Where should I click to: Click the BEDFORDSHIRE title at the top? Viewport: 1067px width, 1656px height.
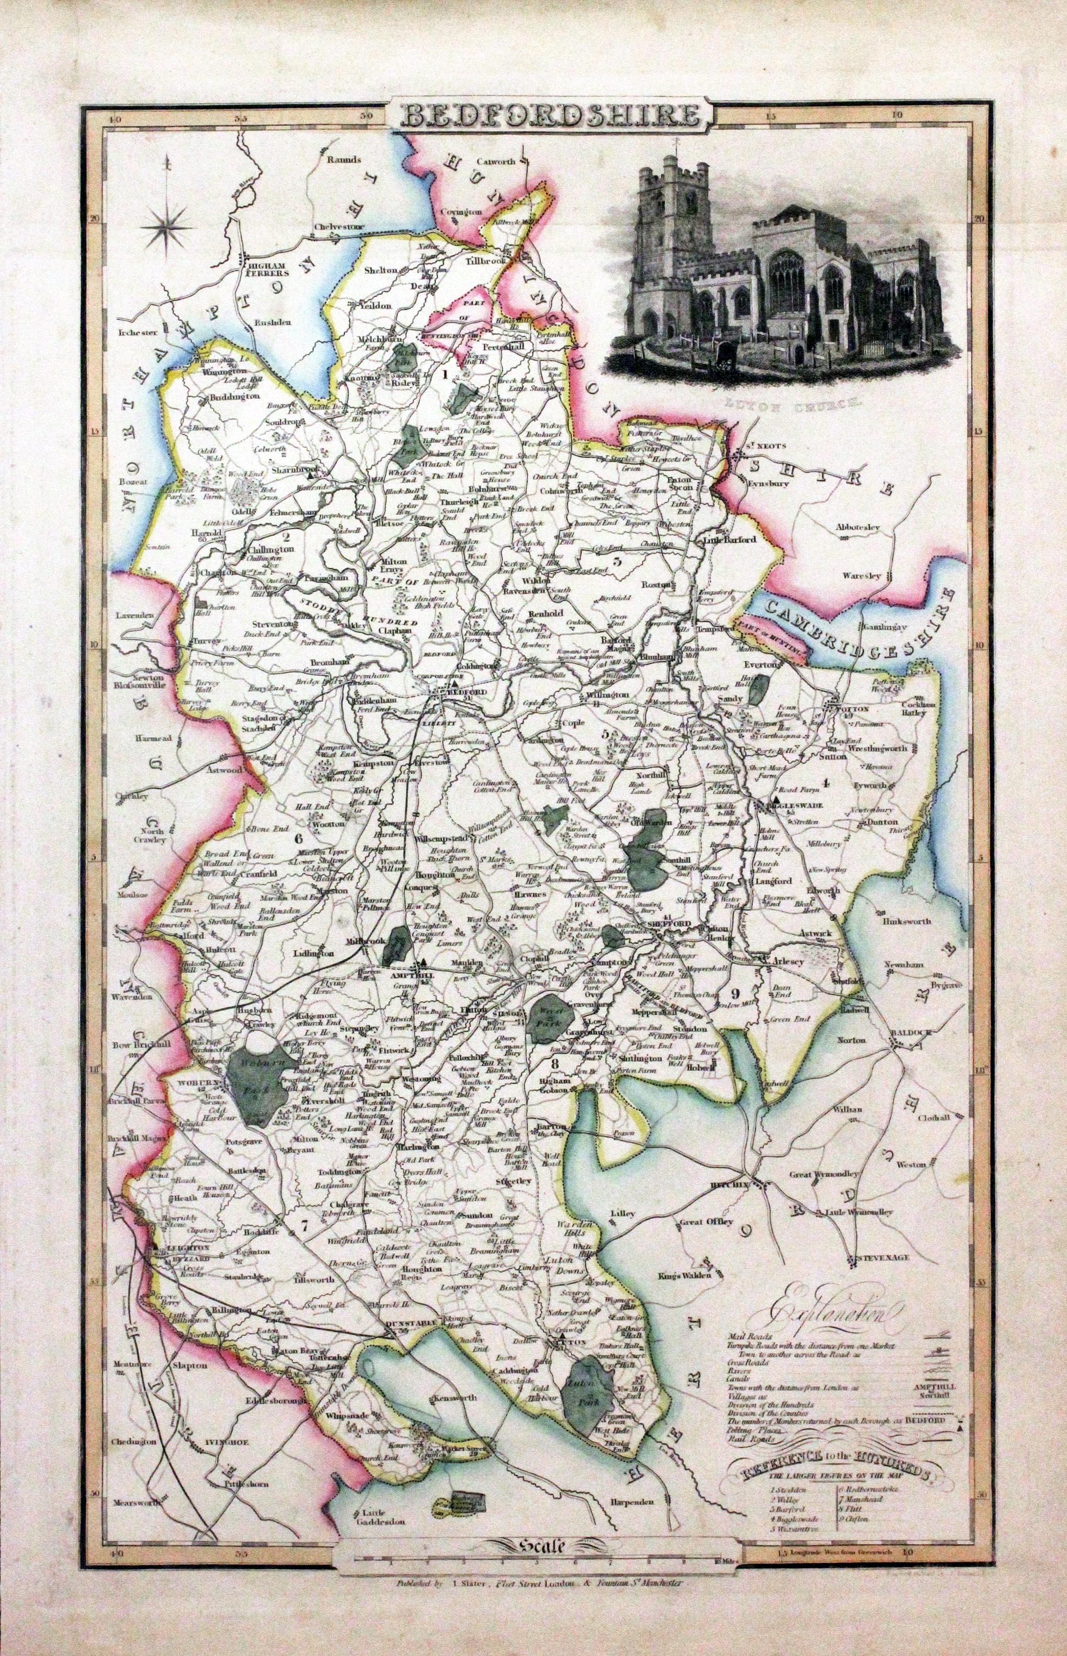pyautogui.click(x=547, y=115)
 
